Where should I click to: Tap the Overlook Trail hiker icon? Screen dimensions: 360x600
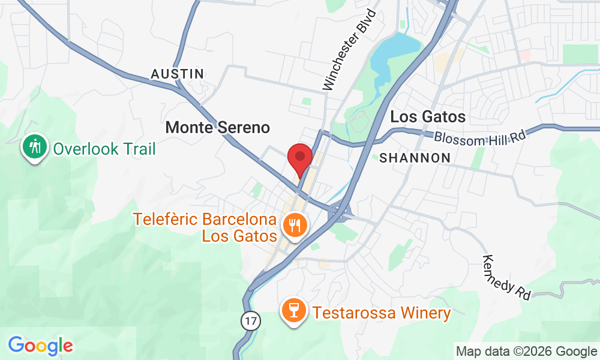pos(35,146)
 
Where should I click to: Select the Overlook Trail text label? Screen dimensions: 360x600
pos(104,148)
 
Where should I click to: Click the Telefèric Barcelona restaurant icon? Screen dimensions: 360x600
pos(295,226)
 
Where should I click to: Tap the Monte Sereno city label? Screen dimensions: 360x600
pos(217,127)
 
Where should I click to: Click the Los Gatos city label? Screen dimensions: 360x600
pos(428,116)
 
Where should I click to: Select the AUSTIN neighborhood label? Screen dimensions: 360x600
pos(178,74)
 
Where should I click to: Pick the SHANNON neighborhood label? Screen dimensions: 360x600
pos(415,158)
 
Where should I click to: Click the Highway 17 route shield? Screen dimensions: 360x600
pos(251,321)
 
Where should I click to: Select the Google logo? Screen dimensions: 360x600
pos(40,346)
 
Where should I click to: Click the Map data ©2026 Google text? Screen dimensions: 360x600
pos(526,352)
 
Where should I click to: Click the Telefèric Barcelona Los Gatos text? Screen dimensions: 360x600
pos(205,227)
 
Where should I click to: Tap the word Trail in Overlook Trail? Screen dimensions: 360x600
pos(136,148)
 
